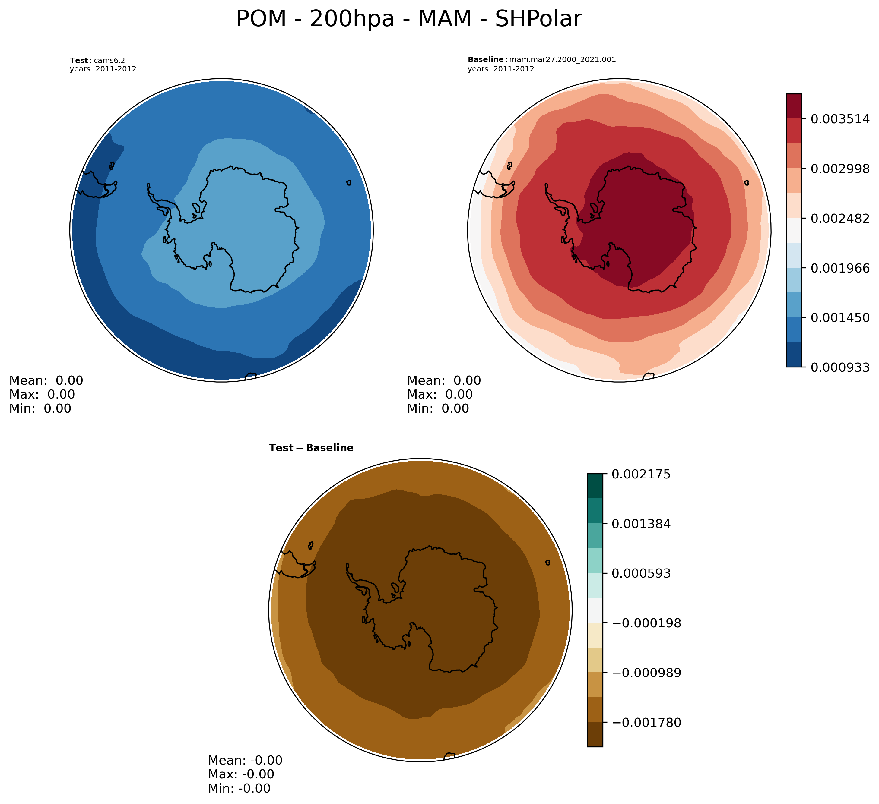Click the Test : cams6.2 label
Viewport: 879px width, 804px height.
(97, 61)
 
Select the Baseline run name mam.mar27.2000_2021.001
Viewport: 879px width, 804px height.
(563, 60)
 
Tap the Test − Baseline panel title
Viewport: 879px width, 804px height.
(311, 448)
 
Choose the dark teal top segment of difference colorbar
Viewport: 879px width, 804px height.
(595, 486)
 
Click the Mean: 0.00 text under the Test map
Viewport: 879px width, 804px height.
(46, 380)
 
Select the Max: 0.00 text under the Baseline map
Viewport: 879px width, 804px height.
(439, 394)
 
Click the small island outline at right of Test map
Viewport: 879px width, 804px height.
(348, 183)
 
